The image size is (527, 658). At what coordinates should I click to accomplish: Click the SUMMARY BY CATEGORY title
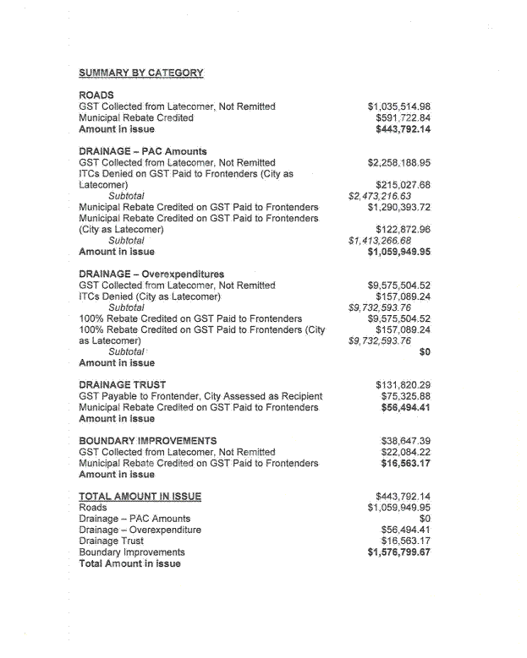[x=140, y=73]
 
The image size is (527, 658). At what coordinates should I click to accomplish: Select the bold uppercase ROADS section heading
[x=96, y=95]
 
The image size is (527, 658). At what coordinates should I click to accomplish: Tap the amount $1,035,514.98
[x=398, y=106]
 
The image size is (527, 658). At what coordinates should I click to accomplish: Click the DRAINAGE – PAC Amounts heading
[x=142, y=151]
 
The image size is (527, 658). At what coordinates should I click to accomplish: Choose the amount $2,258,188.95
[x=398, y=162]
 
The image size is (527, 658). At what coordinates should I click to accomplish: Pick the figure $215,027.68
[x=403, y=184]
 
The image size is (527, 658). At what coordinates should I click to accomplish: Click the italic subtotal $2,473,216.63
[x=380, y=196]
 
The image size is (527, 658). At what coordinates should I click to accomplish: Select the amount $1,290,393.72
[x=398, y=207]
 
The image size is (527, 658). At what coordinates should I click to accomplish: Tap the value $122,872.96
[x=403, y=229]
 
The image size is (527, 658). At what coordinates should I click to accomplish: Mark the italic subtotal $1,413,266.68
[x=380, y=241]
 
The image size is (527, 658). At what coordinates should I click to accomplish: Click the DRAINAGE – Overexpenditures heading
[x=151, y=275]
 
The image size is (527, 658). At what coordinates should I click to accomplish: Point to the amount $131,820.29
[x=403, y=385]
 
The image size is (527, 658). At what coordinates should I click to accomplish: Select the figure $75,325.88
[x=406, y=396]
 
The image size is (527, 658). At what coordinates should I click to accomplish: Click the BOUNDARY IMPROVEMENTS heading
[x=147, y=441]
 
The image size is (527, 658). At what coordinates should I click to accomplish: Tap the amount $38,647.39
[x=406, y=441]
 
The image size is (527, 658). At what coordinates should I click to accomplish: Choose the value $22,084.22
[x=406, y=452]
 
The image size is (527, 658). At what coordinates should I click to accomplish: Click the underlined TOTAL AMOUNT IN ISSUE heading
[x=140, y=496]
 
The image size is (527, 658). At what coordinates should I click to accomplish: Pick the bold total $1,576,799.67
[x=398, y=552]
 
